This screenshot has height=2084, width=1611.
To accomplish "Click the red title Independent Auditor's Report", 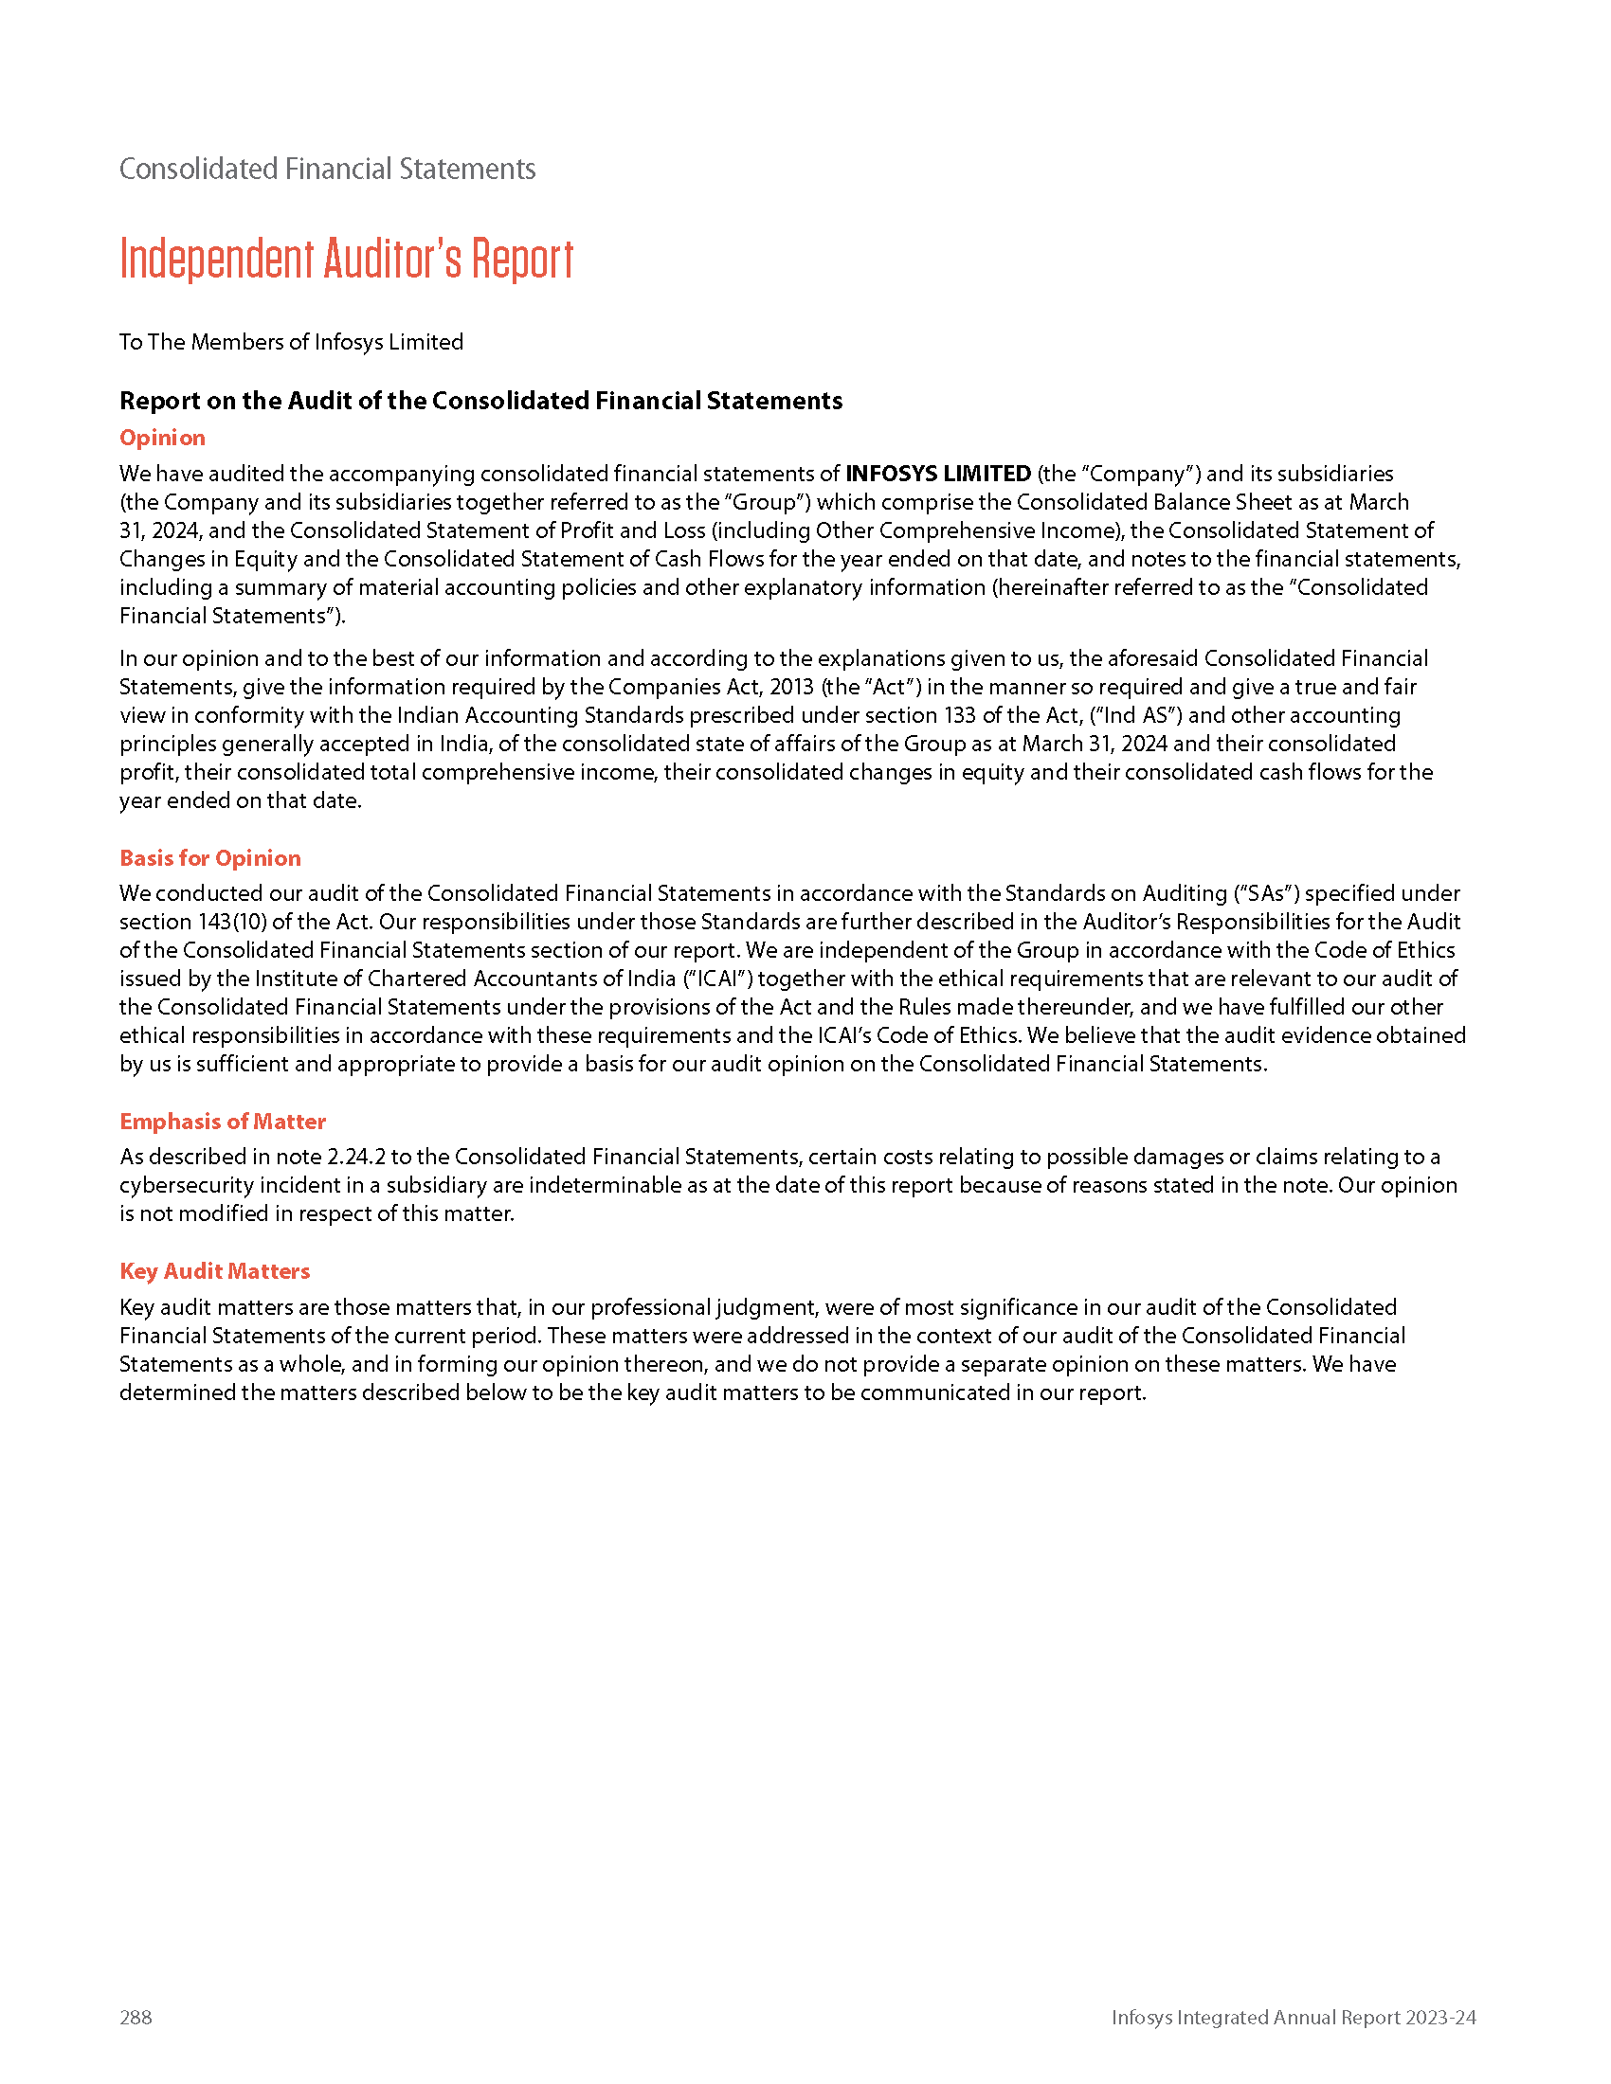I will [x=347, y=259].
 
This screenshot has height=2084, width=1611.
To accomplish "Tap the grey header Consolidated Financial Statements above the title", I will [x=327, y=169].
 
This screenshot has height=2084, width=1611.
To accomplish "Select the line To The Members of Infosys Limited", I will [x=291, y=342].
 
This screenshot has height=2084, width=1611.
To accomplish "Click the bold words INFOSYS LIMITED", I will [x=938, y=474].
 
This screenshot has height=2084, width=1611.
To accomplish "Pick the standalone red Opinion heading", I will [x=162, y=437].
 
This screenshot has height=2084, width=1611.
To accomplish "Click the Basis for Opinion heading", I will [x=210, y=858].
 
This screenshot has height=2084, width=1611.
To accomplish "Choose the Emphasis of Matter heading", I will [x=223, y=1122].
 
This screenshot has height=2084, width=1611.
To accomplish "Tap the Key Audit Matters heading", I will [x=215, y=1271].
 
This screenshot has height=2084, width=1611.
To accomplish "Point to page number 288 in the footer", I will [x=136, y=2016].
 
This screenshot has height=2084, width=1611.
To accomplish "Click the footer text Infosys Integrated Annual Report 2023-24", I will [x=1294, y=2016].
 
